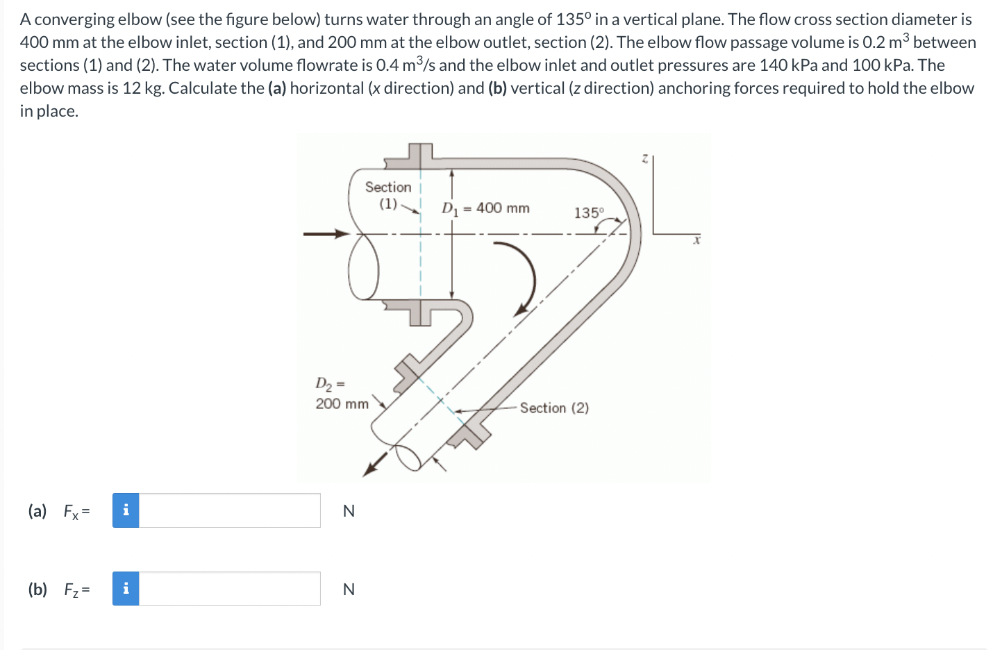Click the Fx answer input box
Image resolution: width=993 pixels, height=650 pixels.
coord(229,510)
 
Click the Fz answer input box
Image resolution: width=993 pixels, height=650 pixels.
coord(229,589)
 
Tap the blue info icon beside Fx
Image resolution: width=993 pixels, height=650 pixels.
coord(126,510)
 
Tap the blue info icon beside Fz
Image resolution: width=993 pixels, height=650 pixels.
coord(126,589)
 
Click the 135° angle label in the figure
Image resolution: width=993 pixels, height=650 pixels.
coord(589,212)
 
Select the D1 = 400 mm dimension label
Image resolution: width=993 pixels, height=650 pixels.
coord(485,208)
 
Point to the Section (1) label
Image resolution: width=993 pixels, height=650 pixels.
coord(388,195)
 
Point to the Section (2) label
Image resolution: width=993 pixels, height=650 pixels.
coord(553,408)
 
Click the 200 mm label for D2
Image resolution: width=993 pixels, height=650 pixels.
coord(342,403)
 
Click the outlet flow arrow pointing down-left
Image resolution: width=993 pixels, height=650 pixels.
coord(374,466)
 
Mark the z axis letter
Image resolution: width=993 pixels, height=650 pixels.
coord(644,159)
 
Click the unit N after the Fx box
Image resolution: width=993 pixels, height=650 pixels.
coord(349,511)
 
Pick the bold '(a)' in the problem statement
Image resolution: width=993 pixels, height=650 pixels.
coord(277,88)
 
